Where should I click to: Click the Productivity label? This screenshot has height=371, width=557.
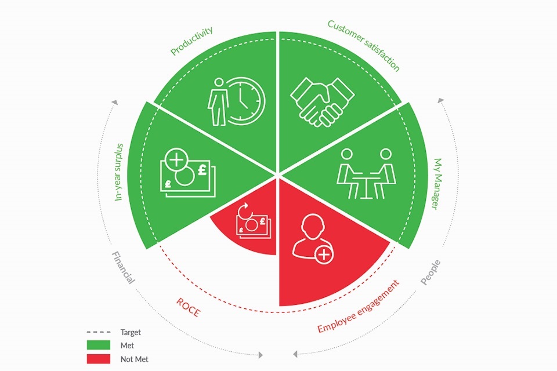[191, 41]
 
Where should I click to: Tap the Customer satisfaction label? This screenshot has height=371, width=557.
[364, 45]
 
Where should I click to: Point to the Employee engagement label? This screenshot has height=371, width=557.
[359, 306]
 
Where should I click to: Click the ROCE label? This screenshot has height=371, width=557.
[189, 307]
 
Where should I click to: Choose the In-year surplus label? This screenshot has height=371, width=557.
[119, 172]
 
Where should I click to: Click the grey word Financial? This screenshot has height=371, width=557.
[123, 268]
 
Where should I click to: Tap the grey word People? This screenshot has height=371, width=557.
[431, 272]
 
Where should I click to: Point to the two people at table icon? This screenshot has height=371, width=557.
[366, 173]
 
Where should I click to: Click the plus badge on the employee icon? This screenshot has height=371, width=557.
[324, 254]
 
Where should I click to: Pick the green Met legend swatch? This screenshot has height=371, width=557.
[99, 345]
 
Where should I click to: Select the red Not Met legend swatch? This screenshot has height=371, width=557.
[99, 359]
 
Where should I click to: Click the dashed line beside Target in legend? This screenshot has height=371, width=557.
[99, 332]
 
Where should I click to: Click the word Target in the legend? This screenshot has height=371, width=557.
[131, 332]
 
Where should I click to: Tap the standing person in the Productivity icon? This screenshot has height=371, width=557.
[218, 102]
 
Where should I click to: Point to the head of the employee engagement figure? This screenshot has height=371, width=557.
[313, 226]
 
